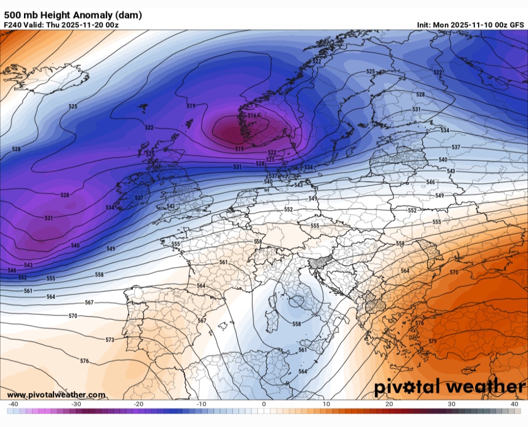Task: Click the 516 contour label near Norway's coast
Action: tap(252, 116)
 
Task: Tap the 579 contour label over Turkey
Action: tap(432, 341)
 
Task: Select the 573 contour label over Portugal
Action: tap(110, 340)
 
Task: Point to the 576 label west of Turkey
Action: tap(419, 324)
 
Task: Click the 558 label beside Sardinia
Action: tap(296, 324)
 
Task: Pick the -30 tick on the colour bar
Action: tap(76, 404)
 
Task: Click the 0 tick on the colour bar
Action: tap(264, 404)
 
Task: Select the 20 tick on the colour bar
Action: tap(389, 404)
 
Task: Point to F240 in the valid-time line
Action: tap(14, 24)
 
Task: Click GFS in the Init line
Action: tap(517, 24)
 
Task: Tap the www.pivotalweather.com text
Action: tap(56, 394)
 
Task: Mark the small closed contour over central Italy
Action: tap(295, 302)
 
